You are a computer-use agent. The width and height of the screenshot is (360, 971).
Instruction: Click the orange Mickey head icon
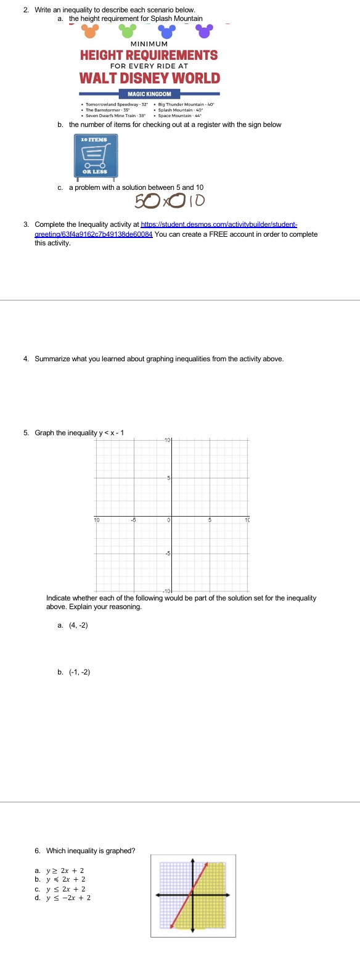[90, 31]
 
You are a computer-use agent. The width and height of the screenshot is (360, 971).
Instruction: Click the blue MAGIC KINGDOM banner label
[149, 94]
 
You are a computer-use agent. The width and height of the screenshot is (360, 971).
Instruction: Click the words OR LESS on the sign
[95, 172]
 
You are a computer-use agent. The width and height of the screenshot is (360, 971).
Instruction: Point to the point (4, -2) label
[78, 625]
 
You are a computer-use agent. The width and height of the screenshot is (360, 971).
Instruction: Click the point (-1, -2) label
[80, 672]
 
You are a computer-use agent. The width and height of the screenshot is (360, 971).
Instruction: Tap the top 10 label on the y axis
[167, 440]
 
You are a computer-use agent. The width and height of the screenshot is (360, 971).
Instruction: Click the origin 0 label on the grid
[168, 520]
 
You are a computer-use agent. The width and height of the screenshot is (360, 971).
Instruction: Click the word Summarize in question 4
[52, 359]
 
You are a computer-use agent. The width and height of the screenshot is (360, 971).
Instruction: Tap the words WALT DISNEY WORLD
[149, 78]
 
